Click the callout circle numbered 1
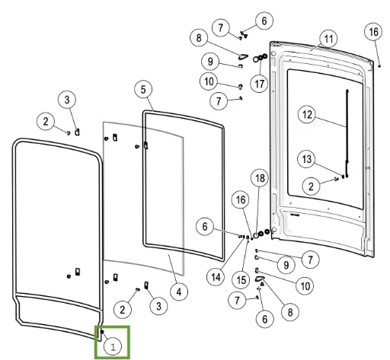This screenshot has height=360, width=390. [113, 346]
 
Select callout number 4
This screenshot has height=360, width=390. [179, 292]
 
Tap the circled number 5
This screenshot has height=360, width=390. [143, 90]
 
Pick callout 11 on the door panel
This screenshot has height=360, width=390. [328, 39]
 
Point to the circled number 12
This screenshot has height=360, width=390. [307, 114]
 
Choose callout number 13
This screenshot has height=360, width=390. [307, 159]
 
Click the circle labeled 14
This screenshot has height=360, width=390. [216, 277]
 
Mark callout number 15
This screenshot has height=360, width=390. [241, 279]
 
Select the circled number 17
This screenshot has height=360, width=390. [259, 84]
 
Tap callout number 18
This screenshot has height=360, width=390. [260, 178]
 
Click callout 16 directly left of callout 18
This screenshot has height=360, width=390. [241, 200]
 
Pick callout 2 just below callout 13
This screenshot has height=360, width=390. [312, 186]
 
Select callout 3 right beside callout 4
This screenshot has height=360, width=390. [159, 306]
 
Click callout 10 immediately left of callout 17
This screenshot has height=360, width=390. [209, 81]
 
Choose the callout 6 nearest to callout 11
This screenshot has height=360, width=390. [264, 21]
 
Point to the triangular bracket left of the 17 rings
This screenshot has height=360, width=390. [243, 56]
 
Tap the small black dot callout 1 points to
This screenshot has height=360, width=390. [102, 332]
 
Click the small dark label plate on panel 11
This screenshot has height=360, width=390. [295, 215]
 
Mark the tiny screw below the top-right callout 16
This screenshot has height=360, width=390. [379, 66]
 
